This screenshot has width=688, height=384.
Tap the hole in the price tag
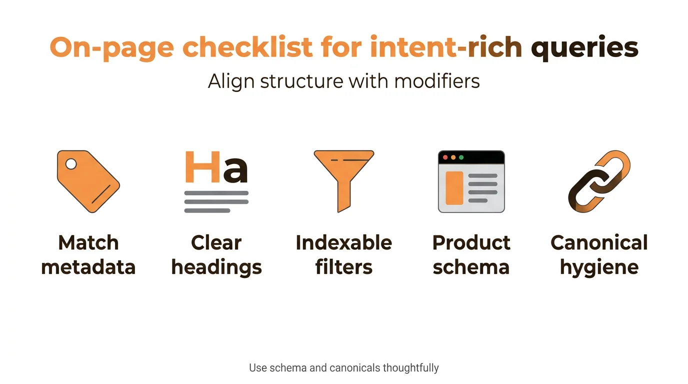71,163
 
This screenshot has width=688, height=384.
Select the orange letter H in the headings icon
202,167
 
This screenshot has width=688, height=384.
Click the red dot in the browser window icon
445,157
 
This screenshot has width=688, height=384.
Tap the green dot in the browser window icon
461,157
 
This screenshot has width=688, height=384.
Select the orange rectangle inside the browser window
454,187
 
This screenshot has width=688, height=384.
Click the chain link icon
599,181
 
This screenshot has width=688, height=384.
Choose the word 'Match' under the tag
88,243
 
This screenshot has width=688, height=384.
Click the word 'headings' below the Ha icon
216,267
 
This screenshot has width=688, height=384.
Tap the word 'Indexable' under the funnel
344,243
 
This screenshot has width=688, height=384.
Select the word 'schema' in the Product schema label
471,267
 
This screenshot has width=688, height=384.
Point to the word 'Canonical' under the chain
599,243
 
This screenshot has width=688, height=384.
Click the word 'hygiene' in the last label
599,267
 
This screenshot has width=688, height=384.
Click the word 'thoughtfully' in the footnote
410,368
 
